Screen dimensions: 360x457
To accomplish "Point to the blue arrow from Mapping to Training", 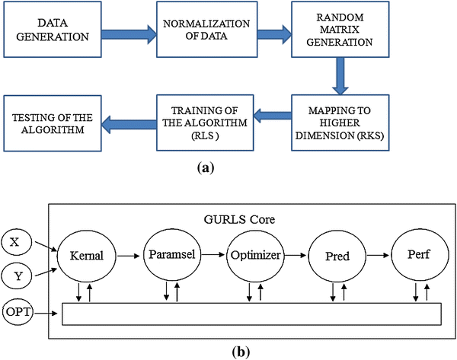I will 270,116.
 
